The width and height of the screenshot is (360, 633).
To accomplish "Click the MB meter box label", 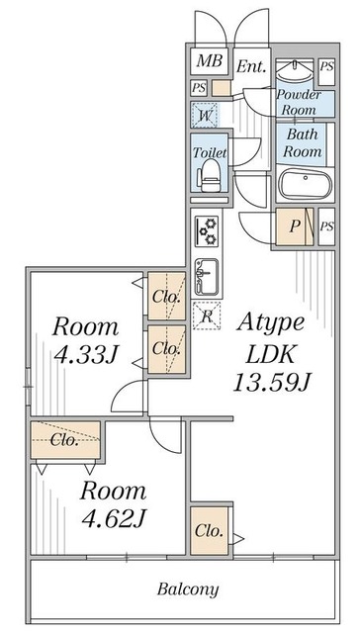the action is (x=210, y=61).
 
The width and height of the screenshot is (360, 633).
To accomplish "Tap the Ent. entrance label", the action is (x=251, y=66).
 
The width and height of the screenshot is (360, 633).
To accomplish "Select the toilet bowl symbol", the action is (x=210, y=175).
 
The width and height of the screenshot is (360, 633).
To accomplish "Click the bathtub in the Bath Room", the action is (x=306, y=184).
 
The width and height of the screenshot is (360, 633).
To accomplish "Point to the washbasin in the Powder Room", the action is (x=294, y=72).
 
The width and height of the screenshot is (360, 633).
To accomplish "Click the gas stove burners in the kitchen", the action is (x=207, y=231).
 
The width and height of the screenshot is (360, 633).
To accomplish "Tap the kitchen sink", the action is (x=207, y=277).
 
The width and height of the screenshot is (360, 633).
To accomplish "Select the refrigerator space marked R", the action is (x=207, y=316).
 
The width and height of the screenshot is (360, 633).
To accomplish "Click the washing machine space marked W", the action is (x=204, y=116).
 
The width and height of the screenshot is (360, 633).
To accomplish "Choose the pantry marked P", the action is (x=295, y=226).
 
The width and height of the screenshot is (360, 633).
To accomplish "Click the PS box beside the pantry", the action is (x=326, y=226).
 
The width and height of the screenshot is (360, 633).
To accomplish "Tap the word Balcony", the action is (x=188, y=589).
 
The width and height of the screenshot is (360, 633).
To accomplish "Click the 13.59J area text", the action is (x=272, y=382).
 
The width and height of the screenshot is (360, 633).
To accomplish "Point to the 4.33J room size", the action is (x=86, y=355).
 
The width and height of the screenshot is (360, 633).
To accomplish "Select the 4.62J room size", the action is (x=114, y=519).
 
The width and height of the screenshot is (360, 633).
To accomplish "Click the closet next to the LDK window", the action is (x=209, y=530).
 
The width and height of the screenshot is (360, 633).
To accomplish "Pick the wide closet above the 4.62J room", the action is (x=65, y=440).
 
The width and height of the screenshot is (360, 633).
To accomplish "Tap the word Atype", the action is (x=270, y=323).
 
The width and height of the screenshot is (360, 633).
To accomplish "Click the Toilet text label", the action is (x=210, y=153).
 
